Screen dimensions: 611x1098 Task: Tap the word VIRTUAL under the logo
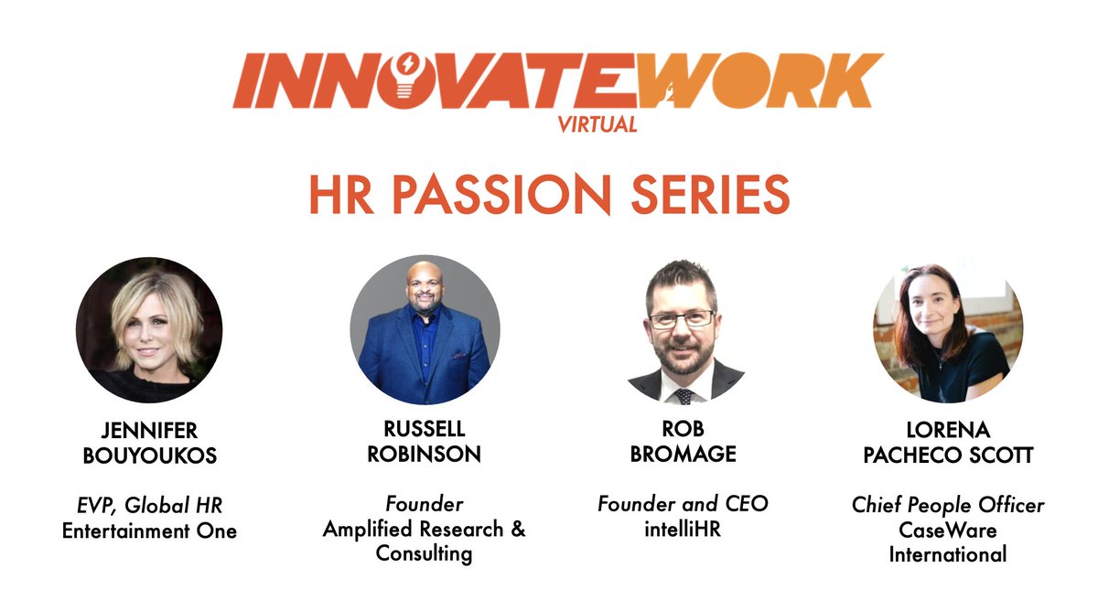[597, 125]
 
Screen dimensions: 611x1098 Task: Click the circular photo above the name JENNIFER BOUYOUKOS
[149, 329]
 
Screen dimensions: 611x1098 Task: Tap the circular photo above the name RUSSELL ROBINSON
[425, 329]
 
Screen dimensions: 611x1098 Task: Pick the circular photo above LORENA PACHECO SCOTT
[948, 329]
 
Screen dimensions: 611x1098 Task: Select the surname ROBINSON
[425, 454]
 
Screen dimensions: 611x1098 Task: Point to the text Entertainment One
[149, 531]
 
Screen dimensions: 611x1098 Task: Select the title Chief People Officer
[948, 506]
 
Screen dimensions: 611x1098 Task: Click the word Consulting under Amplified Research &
[425, 553]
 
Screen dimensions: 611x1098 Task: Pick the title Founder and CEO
[684, 504]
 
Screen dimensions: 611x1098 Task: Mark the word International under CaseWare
[948, 553]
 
